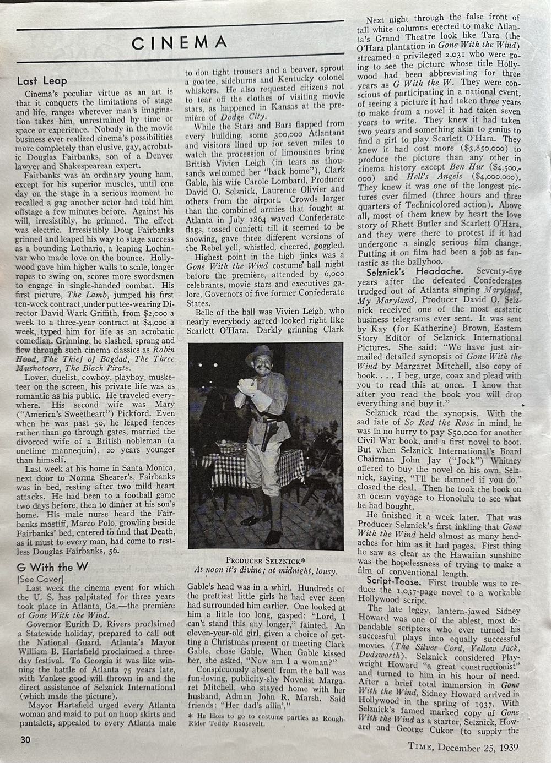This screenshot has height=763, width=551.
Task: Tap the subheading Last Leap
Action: click(x=42, y=81)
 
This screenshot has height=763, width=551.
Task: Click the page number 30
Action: click(x=25, y=739)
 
